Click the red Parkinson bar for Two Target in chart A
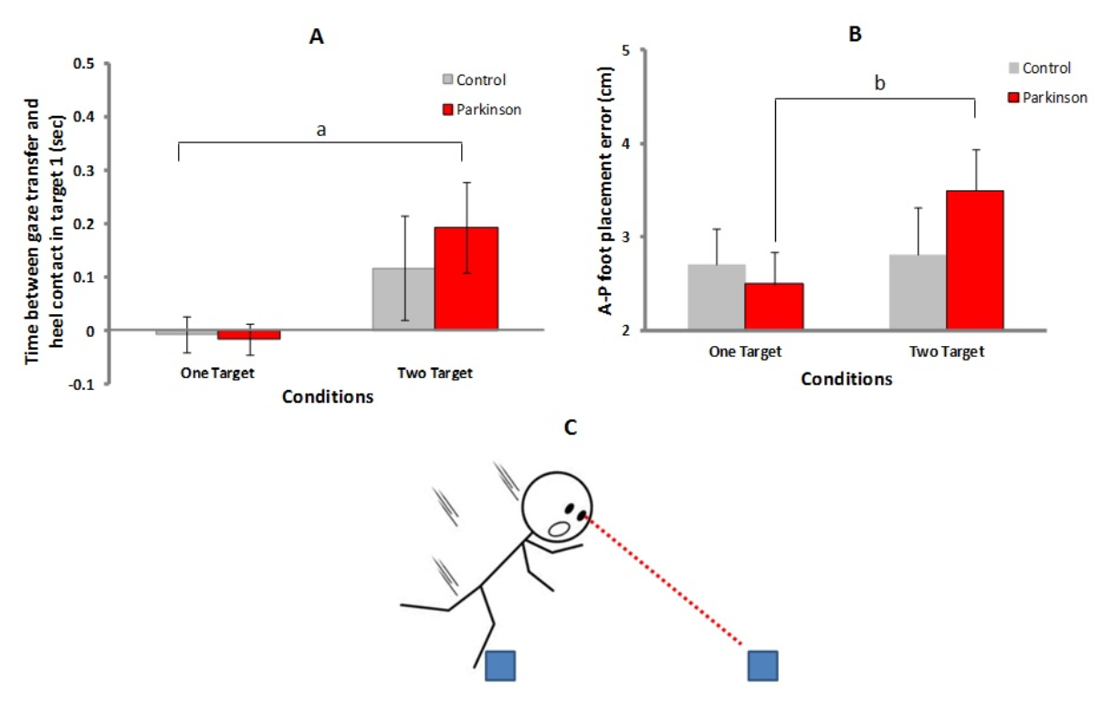(x=467, y=278)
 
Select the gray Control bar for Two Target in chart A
(x=404, y=299)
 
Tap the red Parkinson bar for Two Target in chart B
(x=974, y=259)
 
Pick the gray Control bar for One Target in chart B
(x=717, y=297)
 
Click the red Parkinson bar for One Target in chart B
(x=774, y=307)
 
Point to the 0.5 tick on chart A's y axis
(x=83, y=64)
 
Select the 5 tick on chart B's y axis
(x=625, y=50)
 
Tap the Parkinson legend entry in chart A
(x=481, y=110)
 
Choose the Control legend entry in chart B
(x=1040, y=68)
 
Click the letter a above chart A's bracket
(x=320, y=130)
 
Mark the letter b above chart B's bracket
(x=879, y=83)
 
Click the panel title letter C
(x=571, y=427)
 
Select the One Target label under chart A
(x=217, y=373)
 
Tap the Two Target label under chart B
(x=947, y=352)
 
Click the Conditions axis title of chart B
(x=846, y=379)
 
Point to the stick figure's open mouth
(x=559, y=529)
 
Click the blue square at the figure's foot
(x=500, y=666)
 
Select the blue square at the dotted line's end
(x=763, y=666)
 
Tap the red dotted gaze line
(x=663, y=581)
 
